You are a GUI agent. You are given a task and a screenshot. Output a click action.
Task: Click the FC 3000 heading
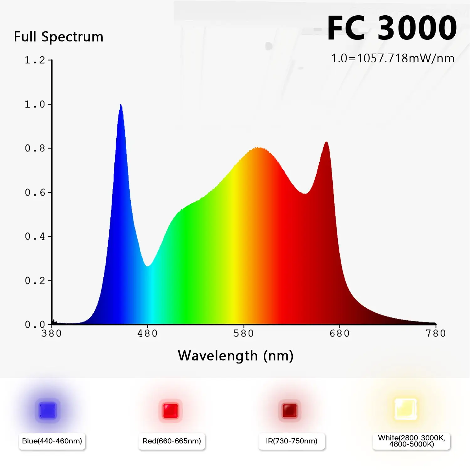pos(392,28)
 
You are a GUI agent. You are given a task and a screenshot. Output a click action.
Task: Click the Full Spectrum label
pos(59,37)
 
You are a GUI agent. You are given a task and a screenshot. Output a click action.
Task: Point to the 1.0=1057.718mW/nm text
pos(393,59)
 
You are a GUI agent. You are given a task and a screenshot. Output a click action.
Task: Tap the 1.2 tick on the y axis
pos(35,60)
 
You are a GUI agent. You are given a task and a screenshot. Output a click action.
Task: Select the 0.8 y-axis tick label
pos(35,148)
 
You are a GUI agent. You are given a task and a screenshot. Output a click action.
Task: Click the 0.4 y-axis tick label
pos(35,237)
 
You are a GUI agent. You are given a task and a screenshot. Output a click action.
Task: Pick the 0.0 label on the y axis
pos(35,325)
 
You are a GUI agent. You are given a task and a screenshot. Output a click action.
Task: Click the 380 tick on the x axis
pos(52,333)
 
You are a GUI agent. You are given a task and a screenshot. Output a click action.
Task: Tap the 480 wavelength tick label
pos(148,333)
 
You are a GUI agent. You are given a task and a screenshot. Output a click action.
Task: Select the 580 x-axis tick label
pos(244,333)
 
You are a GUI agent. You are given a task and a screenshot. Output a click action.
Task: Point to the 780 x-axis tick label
pos(436,333)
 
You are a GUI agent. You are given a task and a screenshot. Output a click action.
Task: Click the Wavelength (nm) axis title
pos(236,356)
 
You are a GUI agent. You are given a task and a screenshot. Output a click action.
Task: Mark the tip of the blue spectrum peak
pos(121,105)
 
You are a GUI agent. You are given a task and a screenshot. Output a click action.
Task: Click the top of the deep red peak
pos(326,142)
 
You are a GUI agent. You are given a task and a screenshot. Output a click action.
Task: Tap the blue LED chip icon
pos(48,411)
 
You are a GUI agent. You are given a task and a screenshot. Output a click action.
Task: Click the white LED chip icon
pos(406,409)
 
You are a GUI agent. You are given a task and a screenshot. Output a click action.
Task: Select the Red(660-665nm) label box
pos(172,441)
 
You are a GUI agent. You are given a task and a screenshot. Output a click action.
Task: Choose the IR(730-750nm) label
pos(291,441)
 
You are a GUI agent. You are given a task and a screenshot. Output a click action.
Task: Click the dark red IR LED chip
pos(290,410)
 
